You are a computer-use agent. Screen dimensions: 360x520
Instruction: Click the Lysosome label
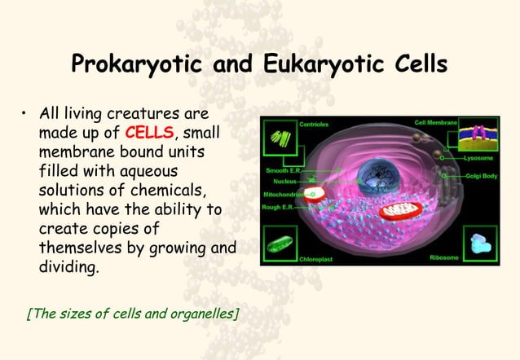coord(481,156)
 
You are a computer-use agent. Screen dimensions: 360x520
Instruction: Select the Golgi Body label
coord(479,175)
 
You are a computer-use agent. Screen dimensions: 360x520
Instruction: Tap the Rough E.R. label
coord(283,207)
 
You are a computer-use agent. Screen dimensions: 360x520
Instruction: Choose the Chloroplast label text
coord(317,258)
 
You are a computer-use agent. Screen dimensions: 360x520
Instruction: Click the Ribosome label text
coord(445,257)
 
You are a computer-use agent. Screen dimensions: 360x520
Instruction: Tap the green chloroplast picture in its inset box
coord(282,244)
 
